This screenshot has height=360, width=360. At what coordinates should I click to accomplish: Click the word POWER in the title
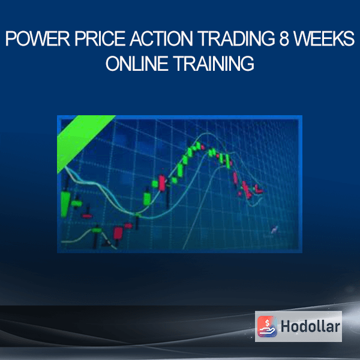(37, 38)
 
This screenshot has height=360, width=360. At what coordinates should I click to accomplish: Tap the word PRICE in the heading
(100, 38)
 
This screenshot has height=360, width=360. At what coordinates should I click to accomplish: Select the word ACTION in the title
(161, 38)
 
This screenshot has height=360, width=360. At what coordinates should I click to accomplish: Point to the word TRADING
(236, 38)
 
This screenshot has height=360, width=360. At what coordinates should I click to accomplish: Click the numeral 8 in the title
(284, 38)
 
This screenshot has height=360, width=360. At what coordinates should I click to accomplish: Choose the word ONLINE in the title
(137, 64)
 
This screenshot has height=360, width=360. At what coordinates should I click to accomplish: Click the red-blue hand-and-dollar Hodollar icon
(267, 326)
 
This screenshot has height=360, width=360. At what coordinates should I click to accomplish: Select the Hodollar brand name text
(310, 326)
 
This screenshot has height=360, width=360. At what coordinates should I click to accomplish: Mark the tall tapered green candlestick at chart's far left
(65, 204)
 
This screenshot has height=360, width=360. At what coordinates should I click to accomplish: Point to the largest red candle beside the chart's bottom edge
(118, 233)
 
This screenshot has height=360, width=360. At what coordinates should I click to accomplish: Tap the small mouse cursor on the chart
(274, 230)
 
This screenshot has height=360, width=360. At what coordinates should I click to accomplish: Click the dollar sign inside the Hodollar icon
(267, 323)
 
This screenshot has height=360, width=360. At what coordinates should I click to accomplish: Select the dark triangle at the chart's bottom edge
(106, 242)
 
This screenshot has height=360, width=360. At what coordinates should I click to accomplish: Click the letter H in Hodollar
(286, 326)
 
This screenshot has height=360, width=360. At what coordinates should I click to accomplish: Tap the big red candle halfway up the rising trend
(162, 183)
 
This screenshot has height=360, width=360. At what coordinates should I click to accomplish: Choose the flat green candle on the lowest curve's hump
(97, 230)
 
